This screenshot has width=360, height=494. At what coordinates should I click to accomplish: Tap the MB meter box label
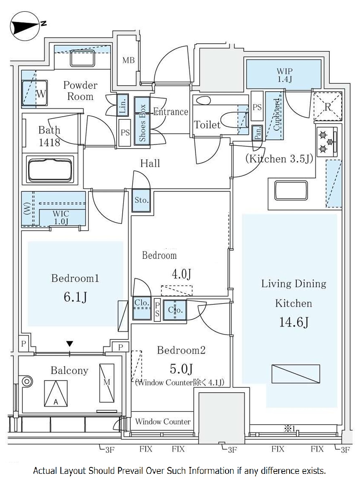coord(128,61)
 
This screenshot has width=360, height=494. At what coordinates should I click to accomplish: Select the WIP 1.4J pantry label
coord(284,75)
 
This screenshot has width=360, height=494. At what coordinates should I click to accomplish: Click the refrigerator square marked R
coord(328,106)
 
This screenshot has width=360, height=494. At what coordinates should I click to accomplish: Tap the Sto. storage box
coord(141,200)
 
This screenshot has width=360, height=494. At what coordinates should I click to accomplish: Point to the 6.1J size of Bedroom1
coord(75,297)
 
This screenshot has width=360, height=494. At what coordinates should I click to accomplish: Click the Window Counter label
coord(163,422)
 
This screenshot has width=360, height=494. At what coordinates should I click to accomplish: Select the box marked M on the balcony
coord(107,382)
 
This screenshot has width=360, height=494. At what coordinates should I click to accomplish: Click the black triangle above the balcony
coord(70,344)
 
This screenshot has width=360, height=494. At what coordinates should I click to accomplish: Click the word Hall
coord(150,163)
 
